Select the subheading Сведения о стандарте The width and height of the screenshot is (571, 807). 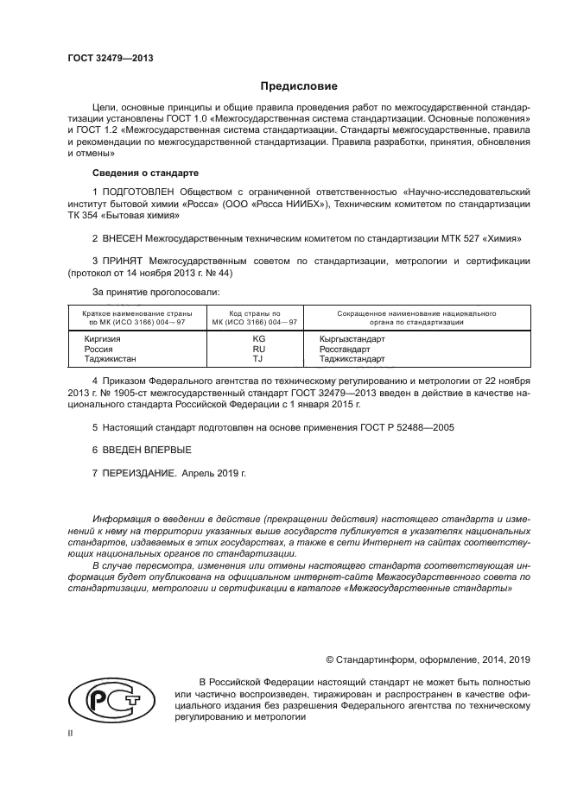pos(133,173)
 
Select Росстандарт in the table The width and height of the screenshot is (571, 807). pos(343,349)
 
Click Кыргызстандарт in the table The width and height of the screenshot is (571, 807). pos(352,339)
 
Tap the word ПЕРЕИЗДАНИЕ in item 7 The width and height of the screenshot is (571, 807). pos(140,474)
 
